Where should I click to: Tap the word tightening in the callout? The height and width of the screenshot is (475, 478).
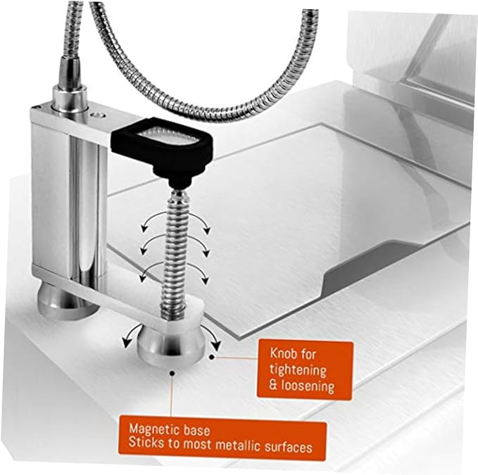click(x=298, y=370)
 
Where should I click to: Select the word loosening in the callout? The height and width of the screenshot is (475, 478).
click(x=308, y=386)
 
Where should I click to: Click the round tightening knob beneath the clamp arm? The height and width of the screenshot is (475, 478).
click(x=170, y=345)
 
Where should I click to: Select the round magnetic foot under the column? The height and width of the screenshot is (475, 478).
click(x=68, y=300)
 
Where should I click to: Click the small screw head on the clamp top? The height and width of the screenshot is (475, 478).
click(x=98, y=115)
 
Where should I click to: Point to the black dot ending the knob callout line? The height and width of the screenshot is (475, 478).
click(x=212, y=357)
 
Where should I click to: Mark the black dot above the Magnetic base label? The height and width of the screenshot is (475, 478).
click(x=172, y=373)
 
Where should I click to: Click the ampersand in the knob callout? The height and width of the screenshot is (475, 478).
click(x=273, y=386)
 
